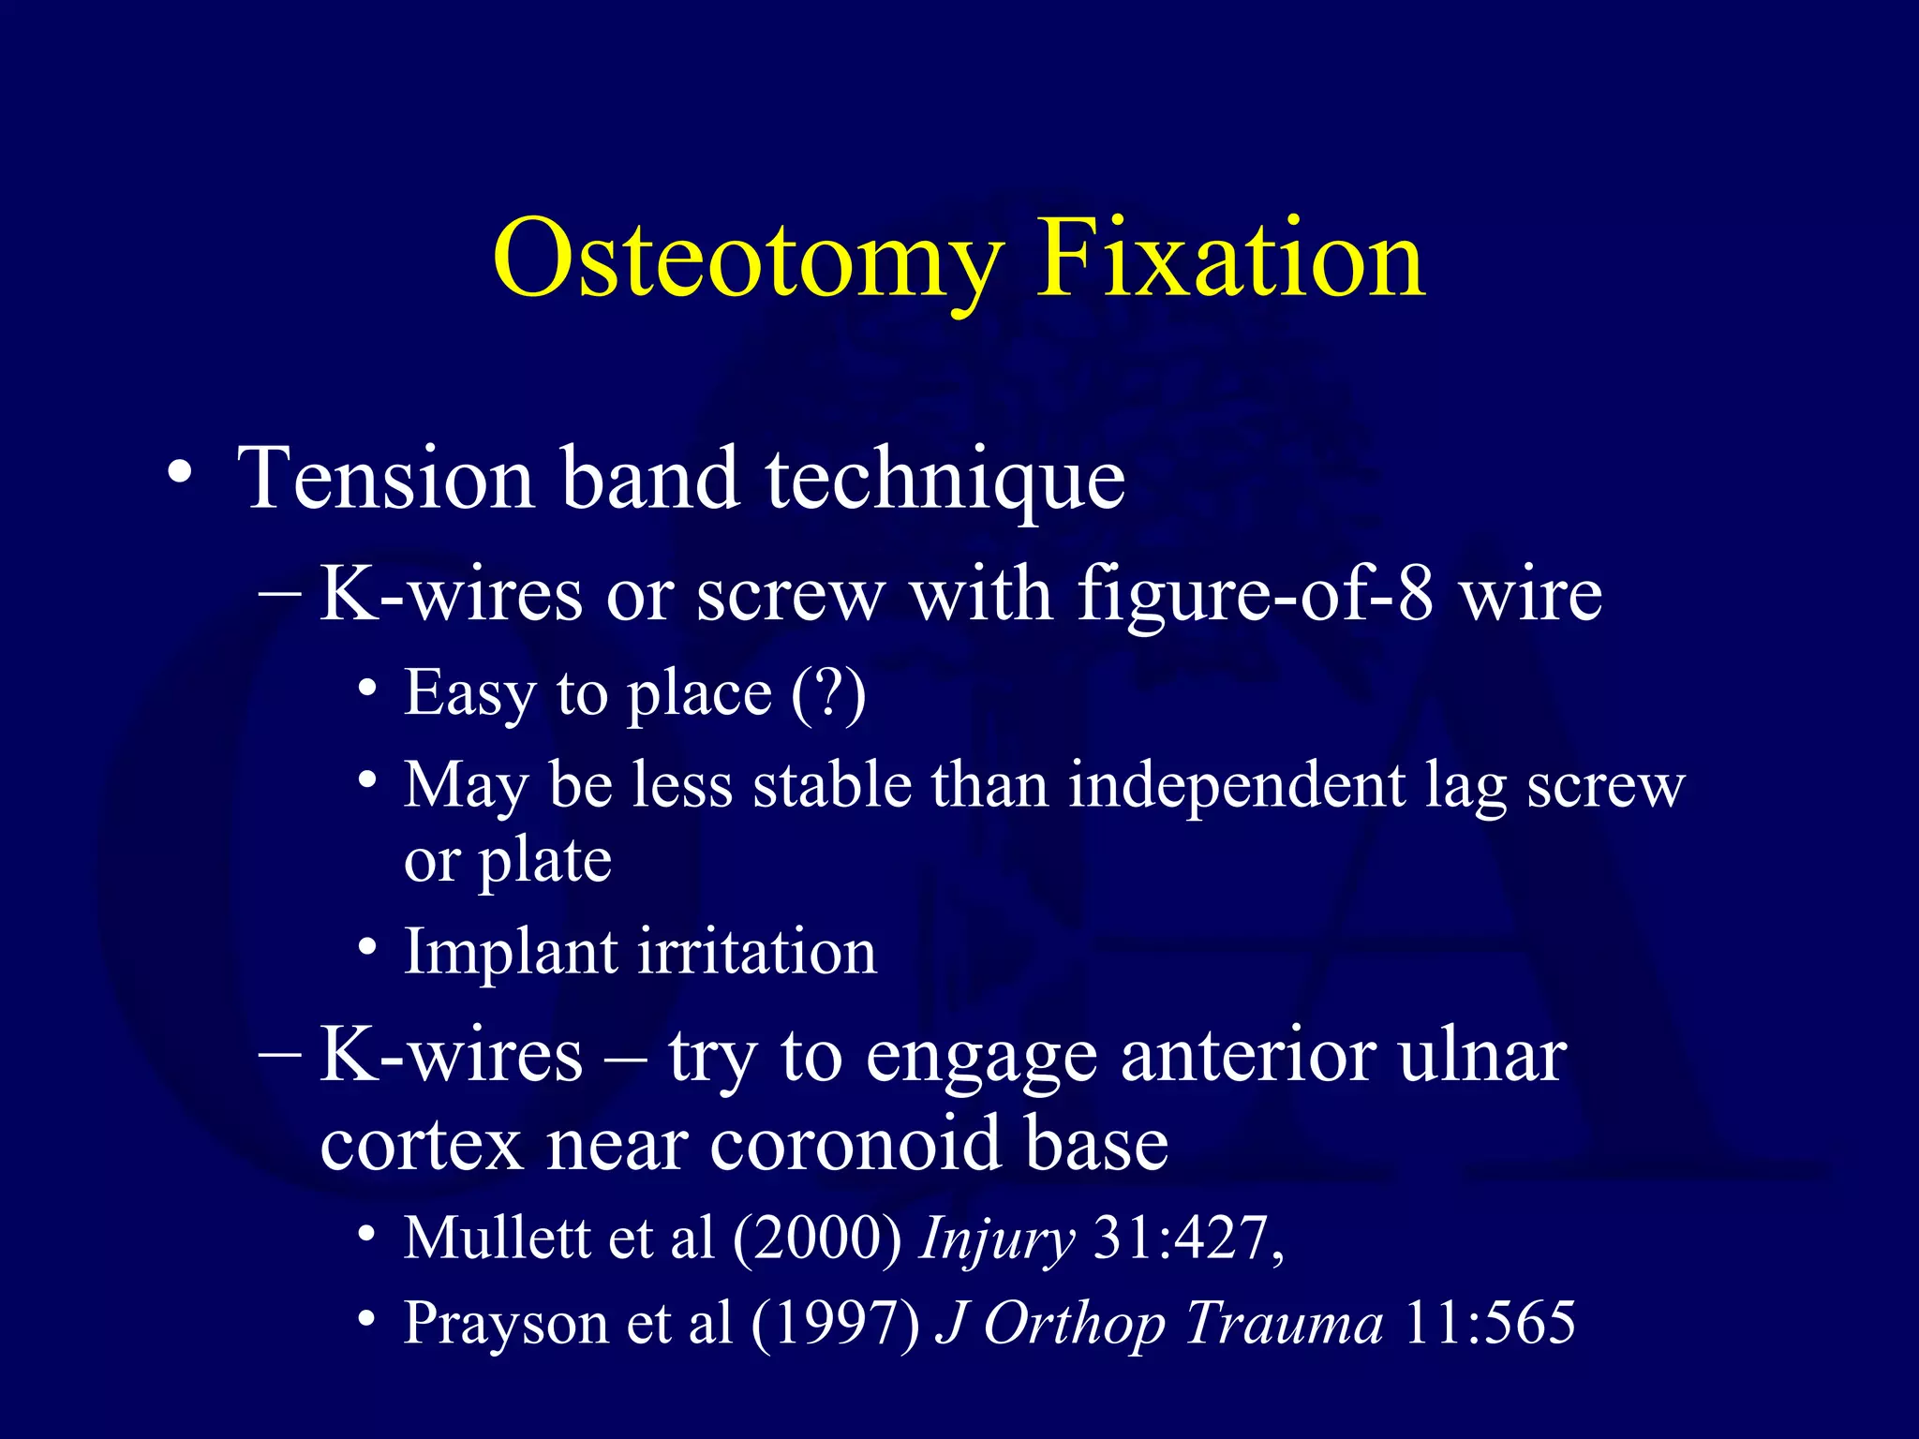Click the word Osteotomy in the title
click(747, 260)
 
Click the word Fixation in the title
click(1230, 258)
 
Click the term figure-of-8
click(1255, 596)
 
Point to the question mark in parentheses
click(828, 694)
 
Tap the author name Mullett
click(497, 1239)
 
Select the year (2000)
click(816, 1239)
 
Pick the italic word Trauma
click(1283, 1323)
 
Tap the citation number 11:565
click(1490, 1323)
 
